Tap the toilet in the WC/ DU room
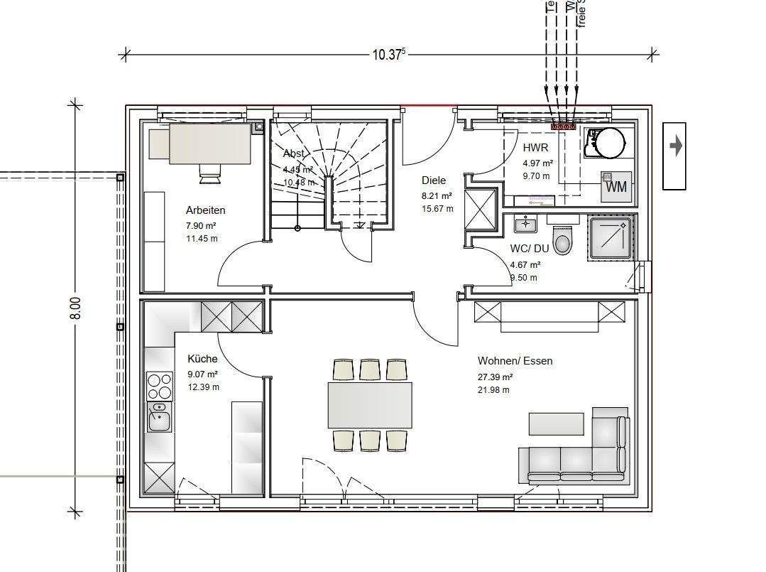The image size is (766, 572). pyautogui.click(x=563, y=241)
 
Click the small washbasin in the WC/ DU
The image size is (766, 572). pyautogui.click(x=525, y=225)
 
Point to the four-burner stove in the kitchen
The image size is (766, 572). pyautogui.click(x=160, y=387)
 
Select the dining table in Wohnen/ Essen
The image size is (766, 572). pyautogui.click(x=370, y=405)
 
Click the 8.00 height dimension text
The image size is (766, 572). pyautogui.click(x=76, y=308)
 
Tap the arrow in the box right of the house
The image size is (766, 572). pyautogui.click(x=675, y=146)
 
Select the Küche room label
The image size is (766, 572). pyautogui.click(x=202, y=360)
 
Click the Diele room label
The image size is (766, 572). pyautogui.click(x=433, y=180)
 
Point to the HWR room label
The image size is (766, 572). pyautogui.click(x=535, y=148)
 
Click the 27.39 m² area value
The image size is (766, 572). pyautogui.click(x=495, y=377)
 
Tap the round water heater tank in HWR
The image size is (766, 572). pyautogui.click(x=609, y=142)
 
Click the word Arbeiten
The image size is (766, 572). pyautogui.click(x=205, y=210)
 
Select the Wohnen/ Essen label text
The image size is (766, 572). pyautogui.click(x=515, y=361)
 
